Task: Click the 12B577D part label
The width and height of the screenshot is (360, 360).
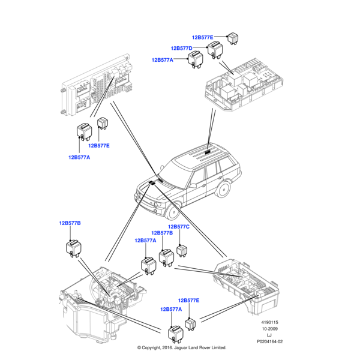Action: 181,48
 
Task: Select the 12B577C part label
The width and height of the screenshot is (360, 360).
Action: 179,227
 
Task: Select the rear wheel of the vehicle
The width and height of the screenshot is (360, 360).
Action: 223,188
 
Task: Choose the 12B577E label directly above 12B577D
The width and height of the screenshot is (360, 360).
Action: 202,37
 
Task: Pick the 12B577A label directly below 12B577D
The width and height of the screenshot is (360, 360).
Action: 162,60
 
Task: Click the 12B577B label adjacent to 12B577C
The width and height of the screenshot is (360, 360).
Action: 162,233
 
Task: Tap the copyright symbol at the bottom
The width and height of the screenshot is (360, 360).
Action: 139,348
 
